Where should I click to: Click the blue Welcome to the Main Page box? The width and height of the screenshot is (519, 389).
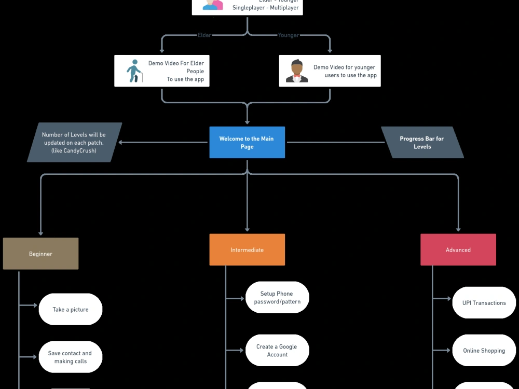coord(247,143)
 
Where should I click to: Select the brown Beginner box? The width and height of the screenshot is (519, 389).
coord(40,254)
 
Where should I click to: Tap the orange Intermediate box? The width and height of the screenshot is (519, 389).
coord(247,249)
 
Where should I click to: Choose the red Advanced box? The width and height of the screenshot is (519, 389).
coord(458,249)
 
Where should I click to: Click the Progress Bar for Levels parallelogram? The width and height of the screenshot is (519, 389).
coord(422,143)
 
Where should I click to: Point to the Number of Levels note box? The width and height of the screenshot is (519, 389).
coord(74,143)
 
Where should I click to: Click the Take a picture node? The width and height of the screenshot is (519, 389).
coord(71,310)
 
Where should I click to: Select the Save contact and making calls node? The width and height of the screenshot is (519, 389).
coord(71,357)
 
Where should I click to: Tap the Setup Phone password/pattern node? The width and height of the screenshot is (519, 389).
coord(277,298)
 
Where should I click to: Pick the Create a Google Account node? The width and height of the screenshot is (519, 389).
coord(277,351)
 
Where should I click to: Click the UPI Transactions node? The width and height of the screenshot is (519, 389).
coord(484,303)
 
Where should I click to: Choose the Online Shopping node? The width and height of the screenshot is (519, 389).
coord(484,351)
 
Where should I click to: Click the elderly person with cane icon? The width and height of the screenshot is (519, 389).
coord(134,71)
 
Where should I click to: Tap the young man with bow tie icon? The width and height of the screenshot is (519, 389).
coord(297,71)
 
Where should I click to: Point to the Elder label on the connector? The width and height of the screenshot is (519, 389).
coord(205,35)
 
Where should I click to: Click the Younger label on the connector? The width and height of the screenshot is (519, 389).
coord(289,35)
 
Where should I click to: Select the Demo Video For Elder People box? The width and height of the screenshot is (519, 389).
coord(162,71)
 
